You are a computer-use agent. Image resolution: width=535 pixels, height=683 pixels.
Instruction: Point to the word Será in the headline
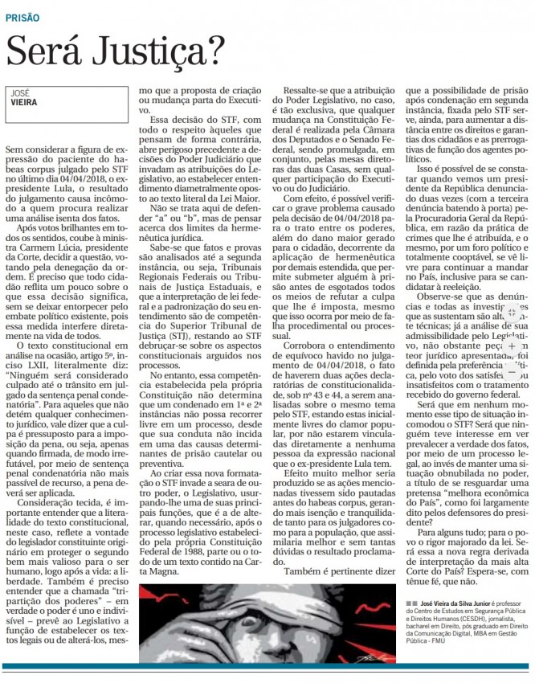click(x=43, y=53)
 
